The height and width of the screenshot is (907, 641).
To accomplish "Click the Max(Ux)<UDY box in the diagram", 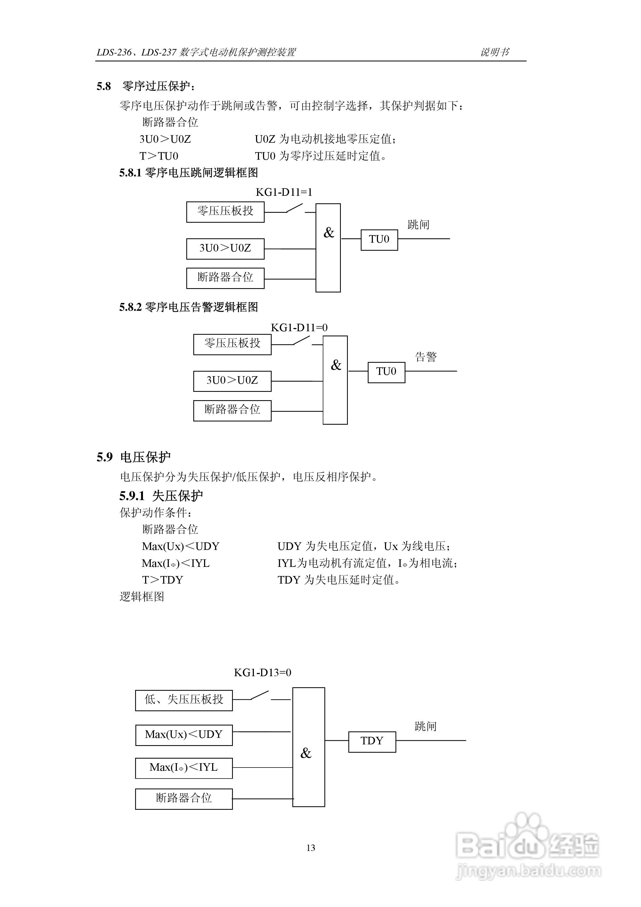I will (184, 734).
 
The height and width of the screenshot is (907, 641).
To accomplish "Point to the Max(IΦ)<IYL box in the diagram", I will (184, 767).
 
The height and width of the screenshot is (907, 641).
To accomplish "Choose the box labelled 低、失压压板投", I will (184, 700).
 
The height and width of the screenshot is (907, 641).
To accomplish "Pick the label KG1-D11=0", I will (299, 327).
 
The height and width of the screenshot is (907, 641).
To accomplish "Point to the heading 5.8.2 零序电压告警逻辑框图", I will (188, 307).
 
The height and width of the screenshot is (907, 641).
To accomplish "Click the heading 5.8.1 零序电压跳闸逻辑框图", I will (188, 173).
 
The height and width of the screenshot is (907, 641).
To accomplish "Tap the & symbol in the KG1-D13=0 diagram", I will (306, 753).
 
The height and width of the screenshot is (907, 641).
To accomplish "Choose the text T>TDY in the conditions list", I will (162, 580).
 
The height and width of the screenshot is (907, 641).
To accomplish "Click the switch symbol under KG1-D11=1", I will (294, 208).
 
